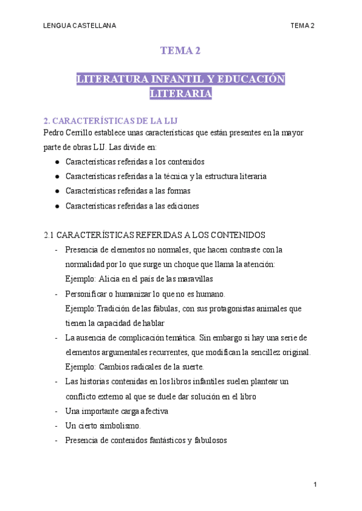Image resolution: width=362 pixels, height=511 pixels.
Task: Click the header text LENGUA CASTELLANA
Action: tap(80, 25)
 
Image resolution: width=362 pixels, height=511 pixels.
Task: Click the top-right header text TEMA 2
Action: tap(302, 25)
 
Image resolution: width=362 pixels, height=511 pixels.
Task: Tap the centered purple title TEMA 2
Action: tap(180, 51)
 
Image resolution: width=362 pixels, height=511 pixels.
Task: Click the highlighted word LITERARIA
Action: tap(180, 94)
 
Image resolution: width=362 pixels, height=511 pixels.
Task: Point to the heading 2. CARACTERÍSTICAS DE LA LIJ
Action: tap(110, 120)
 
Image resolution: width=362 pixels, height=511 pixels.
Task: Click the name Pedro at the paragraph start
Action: tap(55, 133)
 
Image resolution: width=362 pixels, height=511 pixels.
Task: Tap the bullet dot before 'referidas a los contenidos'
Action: tap(56, 162)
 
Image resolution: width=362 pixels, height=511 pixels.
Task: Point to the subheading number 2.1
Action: tap(50, 234)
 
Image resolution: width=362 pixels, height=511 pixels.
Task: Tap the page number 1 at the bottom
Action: tap(315, 484)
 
